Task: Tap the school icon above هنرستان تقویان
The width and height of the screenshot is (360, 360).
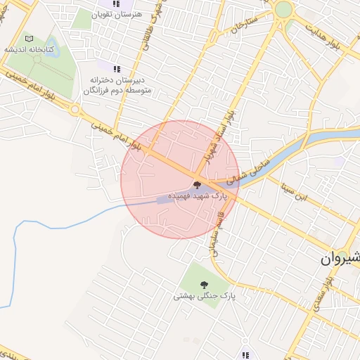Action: (117, 3)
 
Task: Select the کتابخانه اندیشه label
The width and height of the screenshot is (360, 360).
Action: (27, 50)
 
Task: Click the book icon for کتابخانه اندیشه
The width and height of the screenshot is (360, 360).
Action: (28, 39)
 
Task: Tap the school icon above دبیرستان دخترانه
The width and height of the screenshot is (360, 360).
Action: (117, 69)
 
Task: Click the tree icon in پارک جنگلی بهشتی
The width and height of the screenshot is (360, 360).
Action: (204, 285)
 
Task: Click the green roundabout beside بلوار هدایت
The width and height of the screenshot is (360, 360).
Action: (283, 10)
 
